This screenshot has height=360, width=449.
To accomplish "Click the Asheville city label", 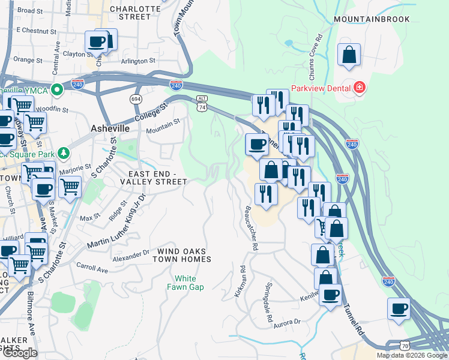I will [110, 128].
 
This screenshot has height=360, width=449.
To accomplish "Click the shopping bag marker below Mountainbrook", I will [349, 55].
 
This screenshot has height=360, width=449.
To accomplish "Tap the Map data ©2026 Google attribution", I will [412, 355].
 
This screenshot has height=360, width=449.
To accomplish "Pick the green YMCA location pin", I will [57, 91].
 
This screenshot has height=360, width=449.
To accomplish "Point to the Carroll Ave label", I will [92, 269].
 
